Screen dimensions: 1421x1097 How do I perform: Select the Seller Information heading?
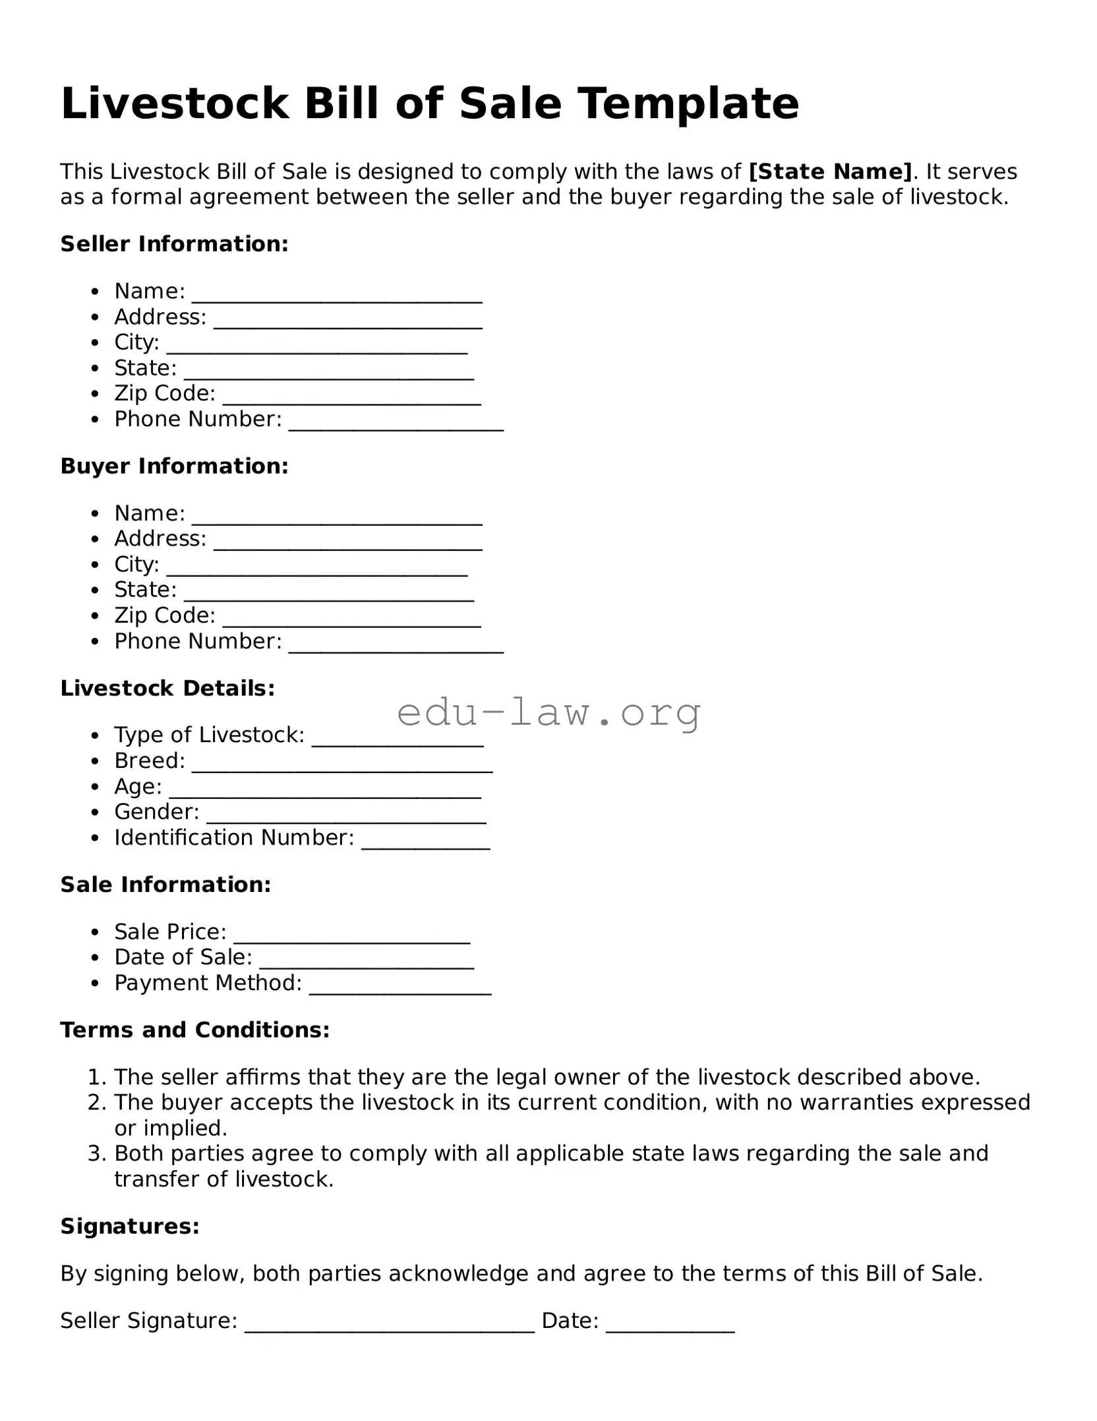(x=174, y=244)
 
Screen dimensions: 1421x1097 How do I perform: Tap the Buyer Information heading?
(x=174, y=466)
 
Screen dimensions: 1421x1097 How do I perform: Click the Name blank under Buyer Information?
(x=336, y=516)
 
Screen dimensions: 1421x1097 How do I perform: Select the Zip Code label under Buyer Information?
(x=165, y=616)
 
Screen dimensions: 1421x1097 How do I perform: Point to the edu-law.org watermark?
(x=548, y=712)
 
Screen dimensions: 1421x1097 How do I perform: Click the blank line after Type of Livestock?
(x=398, y=738)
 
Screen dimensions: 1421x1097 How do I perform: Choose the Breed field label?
(x=150, y=761)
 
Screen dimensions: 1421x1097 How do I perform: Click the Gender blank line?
(x=346, y=815)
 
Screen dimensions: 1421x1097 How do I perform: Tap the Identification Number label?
(x=234, y=838)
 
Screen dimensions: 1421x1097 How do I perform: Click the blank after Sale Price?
(x=351, y=935)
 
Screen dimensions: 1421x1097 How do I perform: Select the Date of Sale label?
(x=183, y=957)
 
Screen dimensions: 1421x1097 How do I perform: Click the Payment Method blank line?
(x=400, y=986)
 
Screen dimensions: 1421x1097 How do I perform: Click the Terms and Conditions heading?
(x=194, y=1030)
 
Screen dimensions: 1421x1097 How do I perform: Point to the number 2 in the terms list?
(x=96, y=1102)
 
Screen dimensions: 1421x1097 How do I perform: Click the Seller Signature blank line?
(x=389, y=1323)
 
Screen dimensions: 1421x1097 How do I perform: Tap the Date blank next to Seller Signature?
(x=670, y=1323)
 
